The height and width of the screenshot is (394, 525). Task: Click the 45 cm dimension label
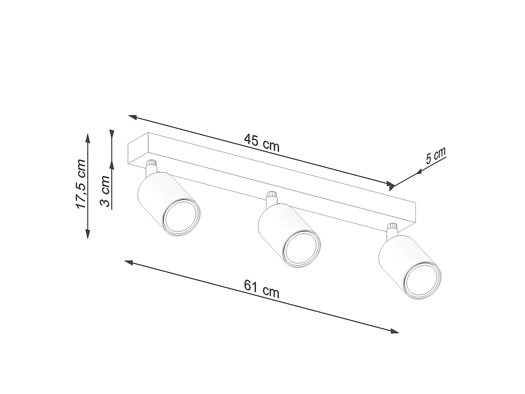262,143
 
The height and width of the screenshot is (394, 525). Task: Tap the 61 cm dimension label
262,289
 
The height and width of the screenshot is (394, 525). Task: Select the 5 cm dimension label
436,156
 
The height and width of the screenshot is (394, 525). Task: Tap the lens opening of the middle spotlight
301,249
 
